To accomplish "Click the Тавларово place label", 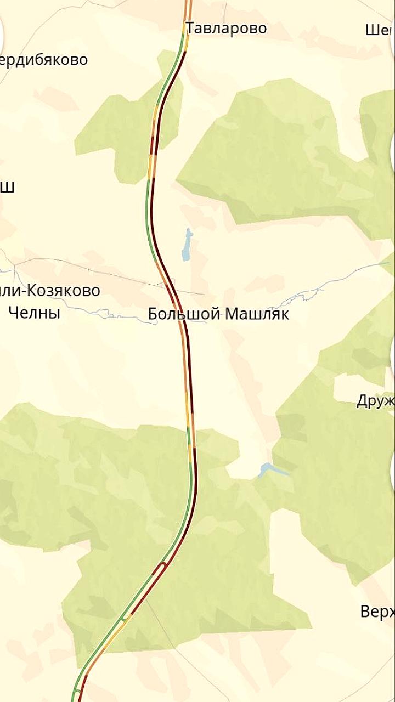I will (x=226, y=28).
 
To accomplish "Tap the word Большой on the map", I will (x=184, y=314).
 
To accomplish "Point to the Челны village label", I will (x=35, y=313).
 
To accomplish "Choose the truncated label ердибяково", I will (x=44, y=59).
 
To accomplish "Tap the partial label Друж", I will (x=376, y=401).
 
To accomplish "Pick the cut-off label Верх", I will (x=377, y=611).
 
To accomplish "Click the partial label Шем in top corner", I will (x=380, y=30).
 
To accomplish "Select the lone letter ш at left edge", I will (x=7, y=187).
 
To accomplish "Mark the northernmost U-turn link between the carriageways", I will (x=162, y=565).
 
